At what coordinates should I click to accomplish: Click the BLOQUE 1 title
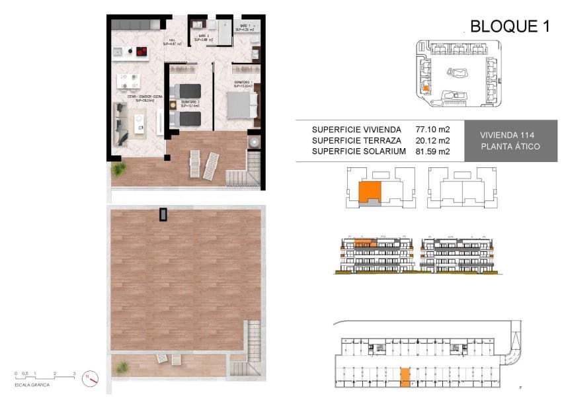(509, 26)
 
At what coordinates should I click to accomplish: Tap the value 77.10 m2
(432, 130)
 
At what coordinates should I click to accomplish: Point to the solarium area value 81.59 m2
(432, 151)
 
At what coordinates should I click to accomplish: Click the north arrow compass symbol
(91, 378)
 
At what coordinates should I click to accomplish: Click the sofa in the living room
(120, 123)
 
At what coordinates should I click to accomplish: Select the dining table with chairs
(129, 81)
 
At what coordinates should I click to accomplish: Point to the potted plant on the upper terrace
(119, 170)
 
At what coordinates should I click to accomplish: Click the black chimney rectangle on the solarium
(163, 214)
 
